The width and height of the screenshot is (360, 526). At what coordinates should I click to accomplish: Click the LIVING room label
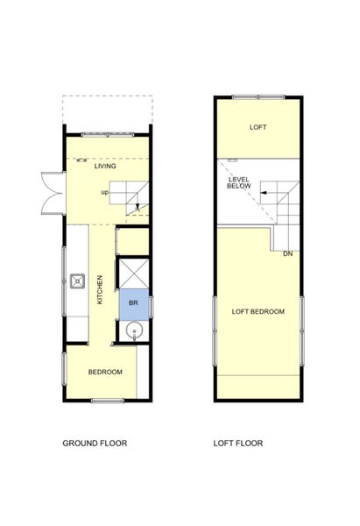click(105, 166)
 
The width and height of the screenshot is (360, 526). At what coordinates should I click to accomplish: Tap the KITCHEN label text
click(100, 290)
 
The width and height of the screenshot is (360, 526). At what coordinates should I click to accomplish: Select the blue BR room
click(134, 304)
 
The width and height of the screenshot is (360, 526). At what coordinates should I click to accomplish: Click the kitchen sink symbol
click(77, 281)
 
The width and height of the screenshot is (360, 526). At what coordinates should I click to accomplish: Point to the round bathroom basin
click(134, 331)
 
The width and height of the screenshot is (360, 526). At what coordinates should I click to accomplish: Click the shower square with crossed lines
click(134, 274)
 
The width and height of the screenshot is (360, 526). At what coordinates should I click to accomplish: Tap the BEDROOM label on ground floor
click(105, 372)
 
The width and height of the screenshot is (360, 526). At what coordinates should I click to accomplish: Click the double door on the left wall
click(53, 193)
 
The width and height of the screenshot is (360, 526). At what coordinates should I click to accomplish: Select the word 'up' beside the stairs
click(105, 193)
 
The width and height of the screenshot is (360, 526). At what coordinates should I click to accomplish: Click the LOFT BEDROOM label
click(258, 311)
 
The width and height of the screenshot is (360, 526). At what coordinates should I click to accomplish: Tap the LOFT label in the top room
click(258, 127)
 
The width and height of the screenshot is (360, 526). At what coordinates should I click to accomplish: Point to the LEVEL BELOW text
click(239, 183)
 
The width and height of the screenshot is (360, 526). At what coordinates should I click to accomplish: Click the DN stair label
click(288, 254)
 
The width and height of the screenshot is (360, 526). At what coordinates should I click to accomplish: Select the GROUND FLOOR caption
click(95, 443)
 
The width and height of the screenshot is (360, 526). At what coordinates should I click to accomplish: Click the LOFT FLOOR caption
click(238, 443)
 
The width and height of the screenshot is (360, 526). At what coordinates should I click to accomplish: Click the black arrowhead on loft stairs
click(263, 193)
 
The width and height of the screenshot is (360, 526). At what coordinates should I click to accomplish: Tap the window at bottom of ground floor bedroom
click(108, 401)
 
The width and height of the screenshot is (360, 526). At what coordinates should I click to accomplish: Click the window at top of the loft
click(258, 97)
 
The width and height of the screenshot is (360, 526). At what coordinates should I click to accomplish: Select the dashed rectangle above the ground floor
click(108, 110)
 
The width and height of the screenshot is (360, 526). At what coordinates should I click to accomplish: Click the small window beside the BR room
click(152, 307)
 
